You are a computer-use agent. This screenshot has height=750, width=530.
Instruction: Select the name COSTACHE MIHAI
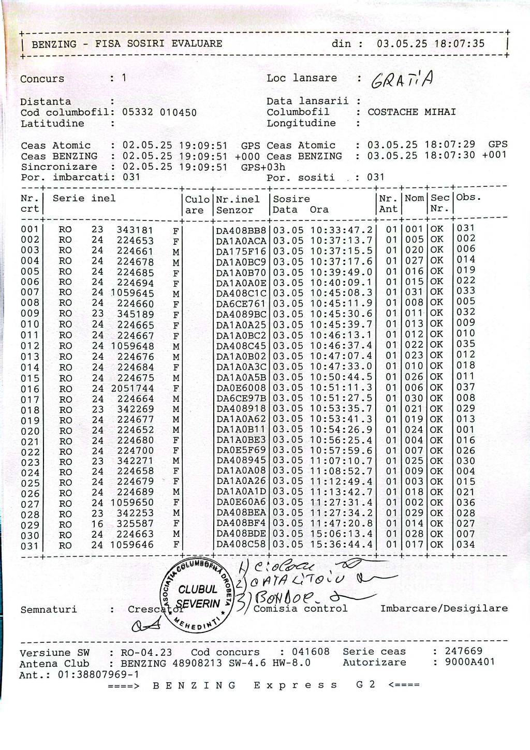point(411,112)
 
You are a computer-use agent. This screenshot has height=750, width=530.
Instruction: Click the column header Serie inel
point(84,198)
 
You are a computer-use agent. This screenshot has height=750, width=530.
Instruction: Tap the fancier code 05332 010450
point(159,112)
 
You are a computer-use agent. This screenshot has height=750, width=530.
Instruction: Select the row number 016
point(30,389)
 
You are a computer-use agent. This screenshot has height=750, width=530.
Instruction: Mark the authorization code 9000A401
point(464,662)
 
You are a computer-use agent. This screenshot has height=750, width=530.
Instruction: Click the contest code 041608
point(311,652)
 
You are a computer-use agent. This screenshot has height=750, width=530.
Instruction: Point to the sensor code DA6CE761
point(241,303)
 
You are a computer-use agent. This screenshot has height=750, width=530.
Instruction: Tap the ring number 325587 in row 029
point(135,524)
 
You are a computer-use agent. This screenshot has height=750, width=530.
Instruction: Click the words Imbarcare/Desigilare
point(444,609)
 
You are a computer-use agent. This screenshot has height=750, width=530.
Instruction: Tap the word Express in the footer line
point(296,685)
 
